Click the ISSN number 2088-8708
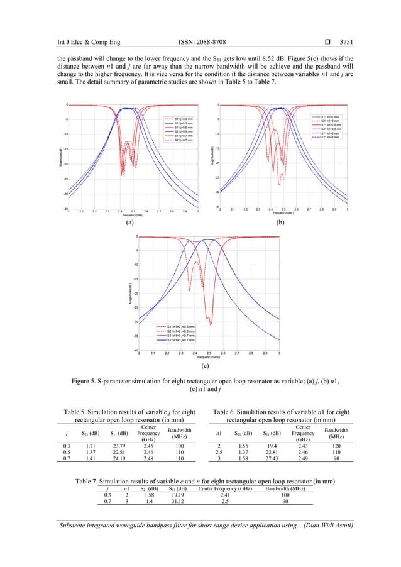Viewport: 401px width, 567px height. point(200,8)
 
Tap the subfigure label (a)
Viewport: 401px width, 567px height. point(128,223)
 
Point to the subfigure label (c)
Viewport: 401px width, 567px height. point(204,365)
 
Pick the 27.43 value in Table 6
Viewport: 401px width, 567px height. point(272,466)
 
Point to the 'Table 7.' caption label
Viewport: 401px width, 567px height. point(86,481)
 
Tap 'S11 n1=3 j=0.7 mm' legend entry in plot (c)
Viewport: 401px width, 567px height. point(182,335)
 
